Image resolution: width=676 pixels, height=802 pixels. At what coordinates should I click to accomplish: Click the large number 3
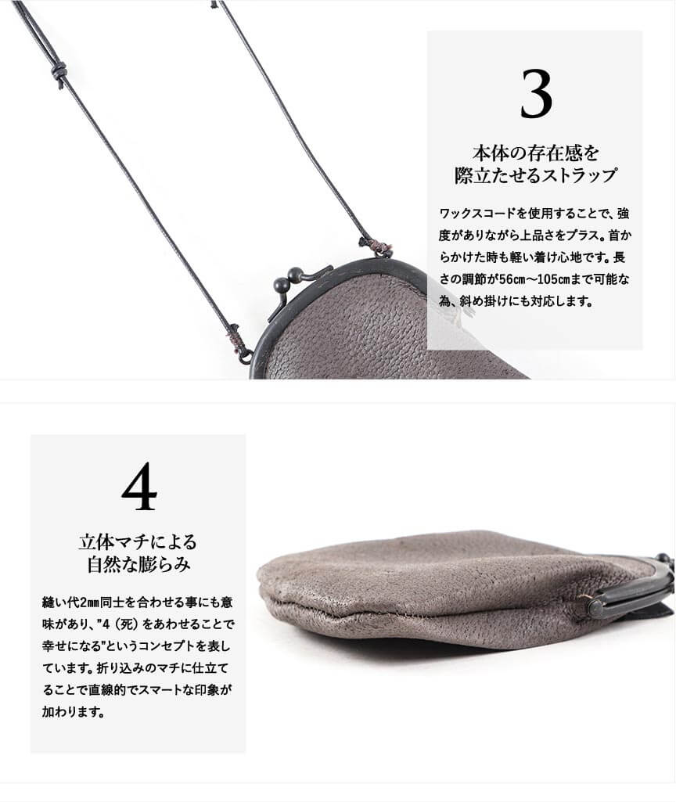536,94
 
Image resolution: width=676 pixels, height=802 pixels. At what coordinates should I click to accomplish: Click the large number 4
139,487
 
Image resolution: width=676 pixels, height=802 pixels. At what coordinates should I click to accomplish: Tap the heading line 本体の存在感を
535,153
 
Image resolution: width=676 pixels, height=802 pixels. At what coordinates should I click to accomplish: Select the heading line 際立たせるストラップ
535,175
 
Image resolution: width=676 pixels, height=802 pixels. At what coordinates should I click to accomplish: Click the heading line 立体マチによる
138,541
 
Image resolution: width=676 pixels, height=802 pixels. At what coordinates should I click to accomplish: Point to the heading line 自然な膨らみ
138,564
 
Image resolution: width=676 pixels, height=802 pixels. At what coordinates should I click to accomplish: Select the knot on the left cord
59,69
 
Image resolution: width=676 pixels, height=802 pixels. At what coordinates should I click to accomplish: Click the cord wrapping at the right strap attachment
376,247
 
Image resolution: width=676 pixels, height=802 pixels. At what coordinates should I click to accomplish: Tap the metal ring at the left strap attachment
246,355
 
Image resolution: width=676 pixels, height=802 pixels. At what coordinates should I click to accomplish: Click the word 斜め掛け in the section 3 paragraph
480,301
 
